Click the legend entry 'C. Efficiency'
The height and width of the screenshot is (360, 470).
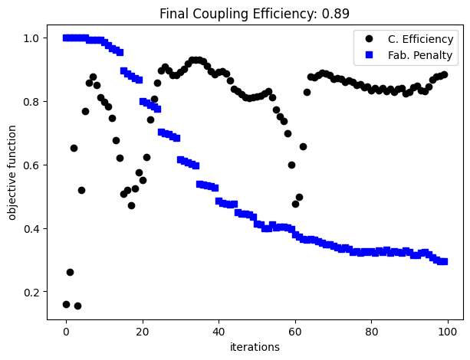[x=422, y=39]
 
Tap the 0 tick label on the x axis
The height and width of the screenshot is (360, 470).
[x=66, y=332]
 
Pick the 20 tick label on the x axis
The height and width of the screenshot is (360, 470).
[x=143, y=332]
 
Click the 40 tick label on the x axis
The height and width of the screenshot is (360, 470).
[x=219, y=332]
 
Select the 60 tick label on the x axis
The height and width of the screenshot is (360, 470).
[x=295, y=332]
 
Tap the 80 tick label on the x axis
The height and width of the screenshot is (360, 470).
[x=371, y=332]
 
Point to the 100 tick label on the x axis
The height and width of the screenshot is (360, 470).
[x=448, y=332]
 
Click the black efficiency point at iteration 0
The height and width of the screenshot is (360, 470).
[x=66, y=304]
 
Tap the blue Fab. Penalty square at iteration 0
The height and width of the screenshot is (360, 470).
[x=66, y=38]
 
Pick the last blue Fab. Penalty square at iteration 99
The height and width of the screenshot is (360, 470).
[x=444, y=261]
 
